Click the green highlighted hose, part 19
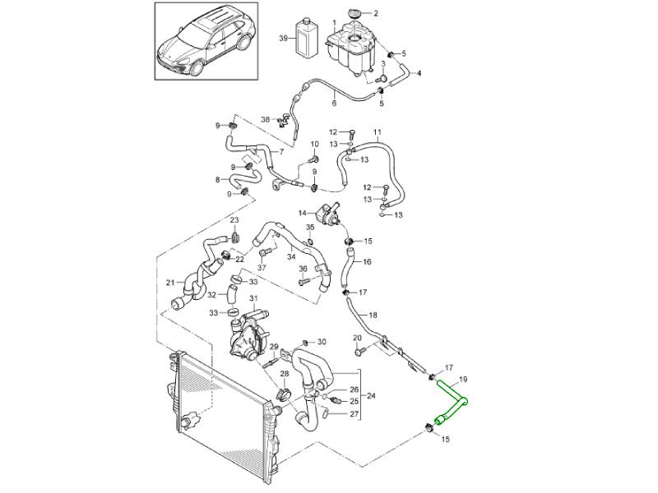[x=451, y=401]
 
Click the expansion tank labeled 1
[x=356, y=48]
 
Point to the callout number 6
[x=335, y=103]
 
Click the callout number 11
[x=378, y=132]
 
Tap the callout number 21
[x=170, y=283]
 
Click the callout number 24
[x=371, y=397]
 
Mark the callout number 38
[x=265, y=120]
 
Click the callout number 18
[x=373, y=316]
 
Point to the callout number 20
[x=357, y=338]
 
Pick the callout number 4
[x=419, y=74]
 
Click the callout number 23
[x=234, y=220]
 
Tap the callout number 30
[x=322, y=342]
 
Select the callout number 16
[x=367, y=262]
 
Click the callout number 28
[x=284, y=374]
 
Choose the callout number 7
[x=281, y=153]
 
